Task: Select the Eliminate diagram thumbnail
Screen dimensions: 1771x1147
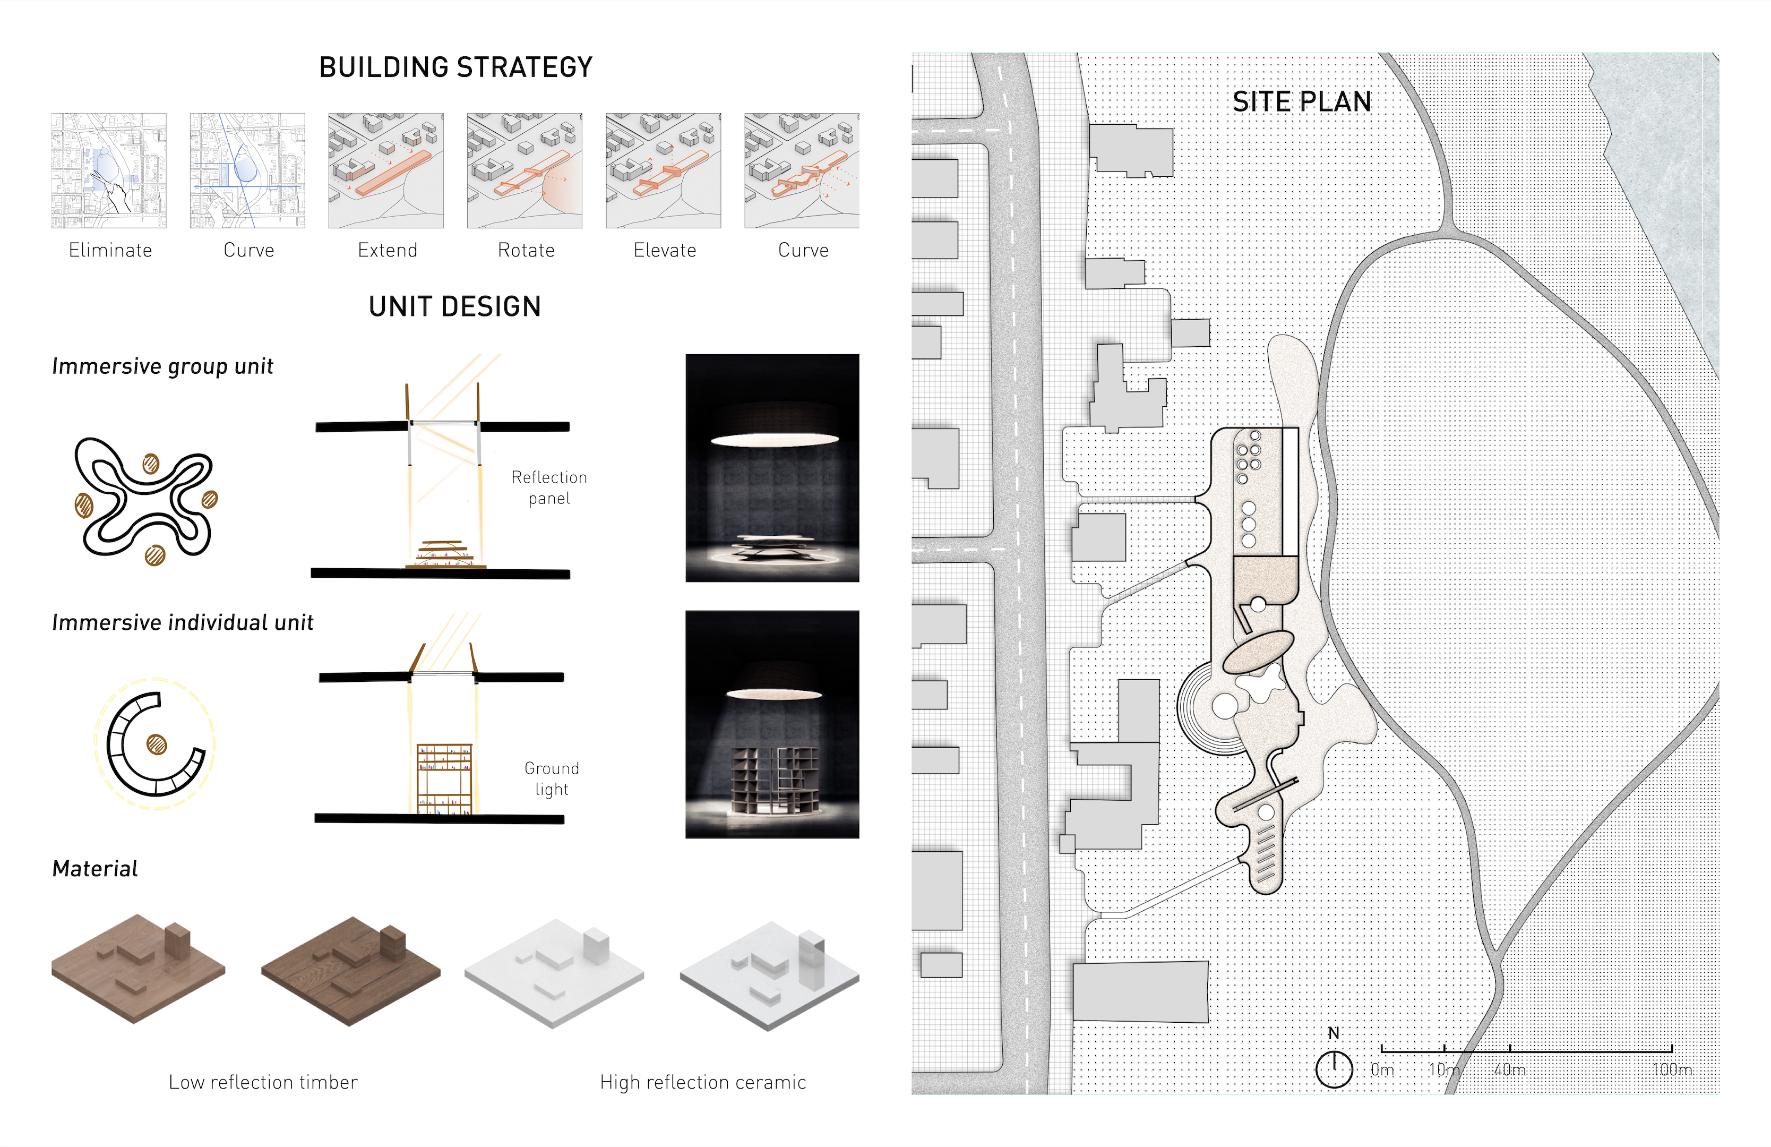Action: tap(109, 170)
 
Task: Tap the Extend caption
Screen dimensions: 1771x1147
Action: tap(387, 250)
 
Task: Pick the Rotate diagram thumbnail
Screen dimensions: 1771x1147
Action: tap(525, 170)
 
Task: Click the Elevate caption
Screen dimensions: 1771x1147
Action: tap(665, 250)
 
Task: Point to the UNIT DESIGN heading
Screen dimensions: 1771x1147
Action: tap(454, 306)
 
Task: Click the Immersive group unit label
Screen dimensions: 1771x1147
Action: tap(162, 366)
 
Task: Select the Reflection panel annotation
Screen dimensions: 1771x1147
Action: tap(549, 487)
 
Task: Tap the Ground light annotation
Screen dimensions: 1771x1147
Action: tap(552, 778)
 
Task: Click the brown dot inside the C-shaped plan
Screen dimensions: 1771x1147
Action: tap(156, 743)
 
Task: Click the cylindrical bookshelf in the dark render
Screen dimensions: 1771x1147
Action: tap(775, 782)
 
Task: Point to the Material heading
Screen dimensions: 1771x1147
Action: tap(94, 869)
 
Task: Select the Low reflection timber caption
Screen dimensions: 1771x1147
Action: tap(263, 1082)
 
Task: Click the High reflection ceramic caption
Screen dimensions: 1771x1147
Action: tap(702, 1082)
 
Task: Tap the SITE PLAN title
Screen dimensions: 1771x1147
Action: tap(1302, 102)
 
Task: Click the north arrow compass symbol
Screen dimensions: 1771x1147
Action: tap(1334, 1069)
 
